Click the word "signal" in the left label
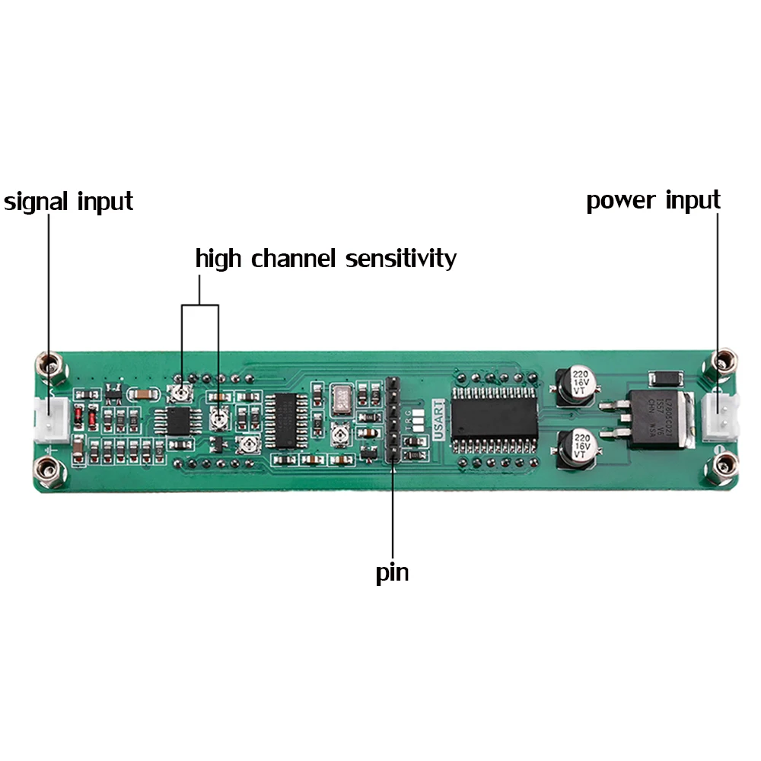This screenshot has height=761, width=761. (37, 202)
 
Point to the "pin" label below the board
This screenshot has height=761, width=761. (392, 572)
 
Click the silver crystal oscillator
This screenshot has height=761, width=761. (340, 400)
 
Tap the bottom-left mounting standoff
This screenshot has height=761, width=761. (50, 471)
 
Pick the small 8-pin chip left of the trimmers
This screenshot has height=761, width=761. (180, 420)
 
